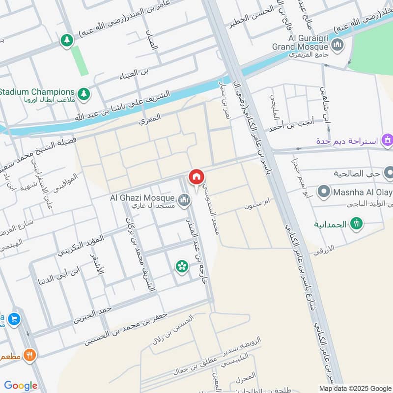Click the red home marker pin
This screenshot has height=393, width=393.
(196, 177)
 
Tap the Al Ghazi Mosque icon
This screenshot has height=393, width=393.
(184, 199)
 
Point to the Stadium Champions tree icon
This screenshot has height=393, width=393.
(84, 93)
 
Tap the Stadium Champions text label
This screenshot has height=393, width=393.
(37, 92)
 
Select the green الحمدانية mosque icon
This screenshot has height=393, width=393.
(356, 224)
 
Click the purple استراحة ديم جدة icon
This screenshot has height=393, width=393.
(388, 140)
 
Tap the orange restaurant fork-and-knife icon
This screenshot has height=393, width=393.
(30, 355)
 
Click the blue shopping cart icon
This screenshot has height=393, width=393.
(14, 318)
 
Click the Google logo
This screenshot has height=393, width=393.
(21, 386)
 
